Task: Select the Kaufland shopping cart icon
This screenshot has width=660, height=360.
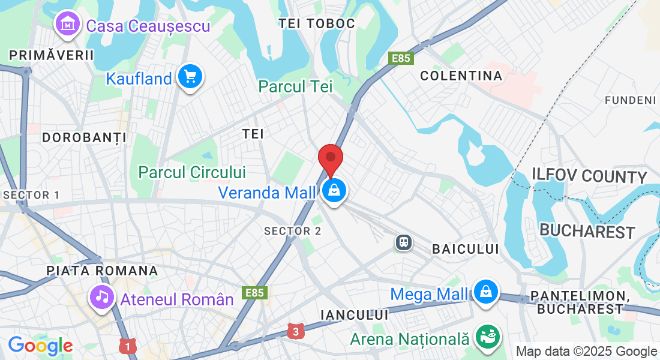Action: (x=191, y=77)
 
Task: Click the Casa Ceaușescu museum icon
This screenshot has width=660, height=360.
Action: (x=68, y=25)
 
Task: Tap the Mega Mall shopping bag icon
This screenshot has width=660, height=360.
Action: (x=485, y=292)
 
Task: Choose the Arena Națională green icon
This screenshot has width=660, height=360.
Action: (x=487, y=337)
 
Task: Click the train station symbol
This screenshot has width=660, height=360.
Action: (x=404, y=242)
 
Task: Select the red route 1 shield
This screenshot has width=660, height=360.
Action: (x=126, y=346)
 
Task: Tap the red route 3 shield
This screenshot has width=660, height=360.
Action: (x=294, y=331)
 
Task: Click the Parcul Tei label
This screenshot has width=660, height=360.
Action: (x=295, y=86)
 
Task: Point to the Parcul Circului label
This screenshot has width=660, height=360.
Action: (x=192, y=172)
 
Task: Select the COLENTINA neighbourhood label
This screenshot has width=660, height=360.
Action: (x=461, y=76)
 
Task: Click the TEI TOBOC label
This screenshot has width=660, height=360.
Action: (x=317, y=23)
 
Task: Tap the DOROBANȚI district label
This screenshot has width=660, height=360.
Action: (x=84, y=137)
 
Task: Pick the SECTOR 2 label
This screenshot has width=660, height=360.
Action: (x=293, y=231)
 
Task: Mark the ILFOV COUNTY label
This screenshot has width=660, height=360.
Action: (x=589, y=176)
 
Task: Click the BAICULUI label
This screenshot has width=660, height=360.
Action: (x=466, y=248)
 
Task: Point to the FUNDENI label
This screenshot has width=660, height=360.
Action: (x=630, y=100)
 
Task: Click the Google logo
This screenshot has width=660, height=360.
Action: (x=40, y=346)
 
